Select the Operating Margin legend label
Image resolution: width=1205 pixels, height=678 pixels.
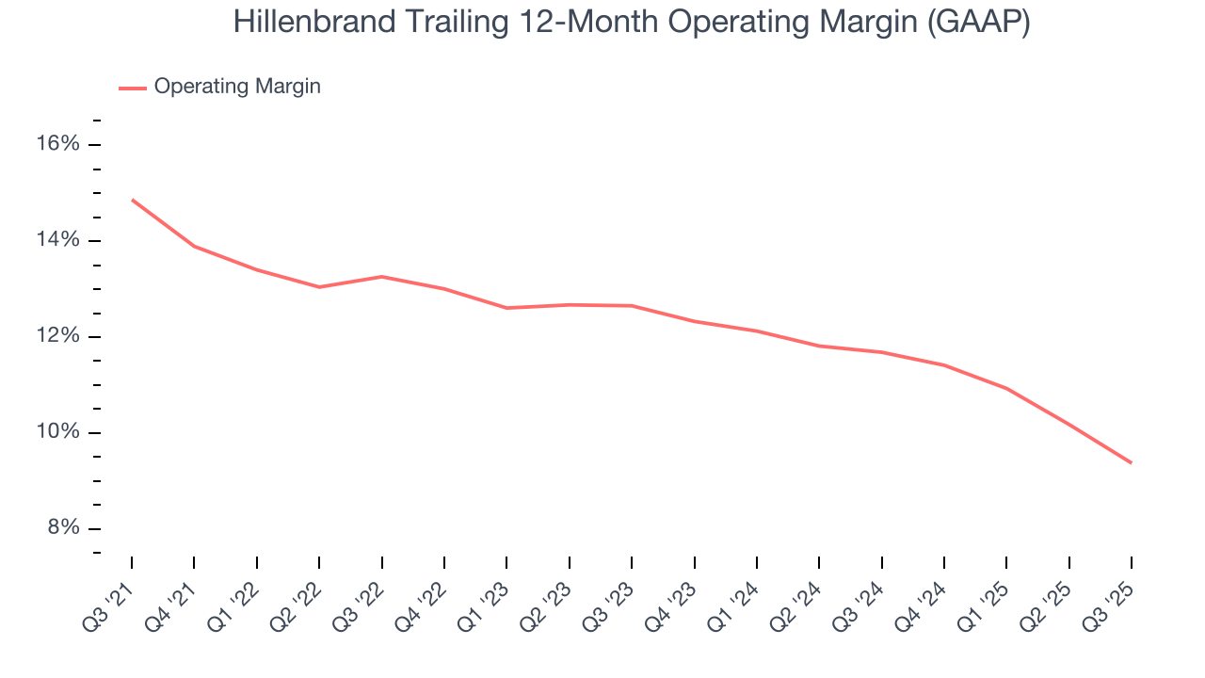(x=237, y=87)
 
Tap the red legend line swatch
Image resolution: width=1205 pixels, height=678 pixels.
(x=132, y=88)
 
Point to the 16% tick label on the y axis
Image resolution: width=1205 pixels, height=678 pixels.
(x=56, y=144)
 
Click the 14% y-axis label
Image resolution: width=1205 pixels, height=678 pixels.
(x=56, y=240)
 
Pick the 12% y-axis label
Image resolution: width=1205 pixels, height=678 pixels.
(x=56, y=336)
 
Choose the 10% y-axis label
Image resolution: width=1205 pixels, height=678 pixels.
(x=56, y=432)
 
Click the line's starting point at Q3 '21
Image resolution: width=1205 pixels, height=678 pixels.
(x=132, y=200)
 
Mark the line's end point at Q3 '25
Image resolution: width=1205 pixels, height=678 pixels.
(x=1131, y=462)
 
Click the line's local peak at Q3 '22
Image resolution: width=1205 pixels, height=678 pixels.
(x=381, y=276)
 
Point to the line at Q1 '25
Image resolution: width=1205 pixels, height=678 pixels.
(x=1006, y=388)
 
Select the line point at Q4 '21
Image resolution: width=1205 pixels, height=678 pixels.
(x=194, y=246)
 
